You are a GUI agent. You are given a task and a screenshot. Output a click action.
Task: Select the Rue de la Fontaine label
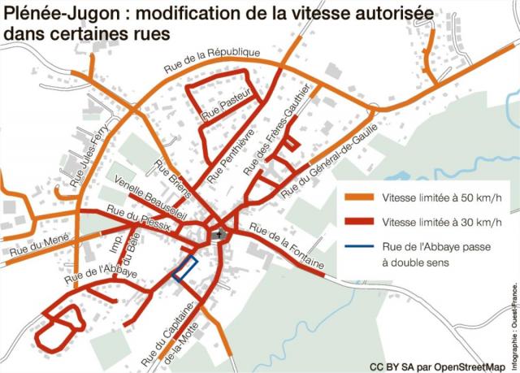pos(287,248)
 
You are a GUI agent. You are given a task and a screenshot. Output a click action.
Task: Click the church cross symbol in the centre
pos(217,236)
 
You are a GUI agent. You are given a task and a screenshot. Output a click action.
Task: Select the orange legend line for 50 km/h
pos(359,198)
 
